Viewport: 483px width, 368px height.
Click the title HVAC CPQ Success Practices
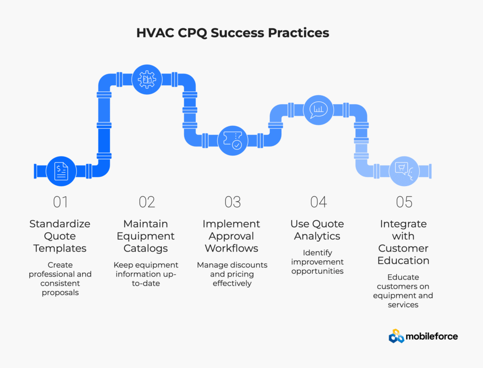233,33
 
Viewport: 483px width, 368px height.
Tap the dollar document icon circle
61,171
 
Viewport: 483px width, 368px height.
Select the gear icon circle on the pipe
147,79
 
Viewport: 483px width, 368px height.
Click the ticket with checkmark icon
233,140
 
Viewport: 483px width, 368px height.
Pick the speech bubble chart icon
318,110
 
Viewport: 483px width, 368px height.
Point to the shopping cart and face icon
404,171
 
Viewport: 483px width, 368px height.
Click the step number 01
60,202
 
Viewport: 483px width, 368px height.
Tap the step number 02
147,202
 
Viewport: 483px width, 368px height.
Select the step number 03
233,202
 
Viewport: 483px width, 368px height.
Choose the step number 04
318,202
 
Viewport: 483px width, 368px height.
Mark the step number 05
404,202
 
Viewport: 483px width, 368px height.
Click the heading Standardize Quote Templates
60,236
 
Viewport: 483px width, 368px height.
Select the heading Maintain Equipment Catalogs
146,236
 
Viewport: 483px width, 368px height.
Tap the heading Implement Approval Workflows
231,236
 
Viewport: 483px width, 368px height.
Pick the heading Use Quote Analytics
317,230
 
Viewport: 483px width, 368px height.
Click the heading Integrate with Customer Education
403,242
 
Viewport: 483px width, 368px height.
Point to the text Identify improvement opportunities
317,262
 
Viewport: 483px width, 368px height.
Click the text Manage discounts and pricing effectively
232,274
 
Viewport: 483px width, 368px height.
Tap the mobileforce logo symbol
396,336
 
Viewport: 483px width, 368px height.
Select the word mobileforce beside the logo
432,336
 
